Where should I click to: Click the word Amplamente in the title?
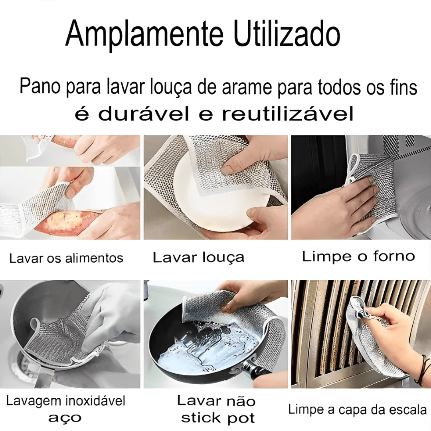click(x=144, y=35)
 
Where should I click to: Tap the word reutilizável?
click(x=287, y=114)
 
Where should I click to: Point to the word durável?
click(x=144, y=114)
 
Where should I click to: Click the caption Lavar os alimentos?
click(x=66, y=258)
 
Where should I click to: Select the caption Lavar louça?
click(x=198, y=257)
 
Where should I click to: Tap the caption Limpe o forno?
click(x=358, y=256)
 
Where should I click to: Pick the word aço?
click(x=65, y=418)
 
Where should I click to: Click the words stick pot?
click(x=218, y=418)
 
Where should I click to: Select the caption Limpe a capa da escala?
click(x=357, y=409)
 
